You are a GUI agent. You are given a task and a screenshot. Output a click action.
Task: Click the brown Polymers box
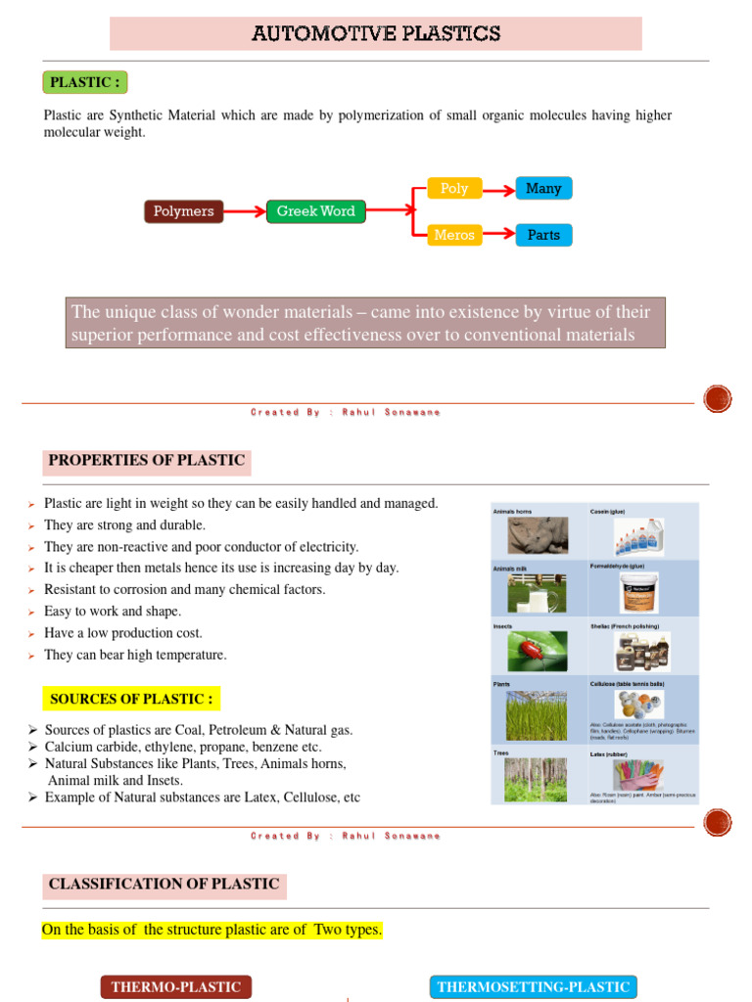tap(183, 211)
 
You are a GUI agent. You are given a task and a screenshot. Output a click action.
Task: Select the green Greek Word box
tap(315, 211)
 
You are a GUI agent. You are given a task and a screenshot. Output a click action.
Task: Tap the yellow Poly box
tap(454, 188)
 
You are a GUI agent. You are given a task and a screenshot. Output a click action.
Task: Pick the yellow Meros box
tap(454, 235)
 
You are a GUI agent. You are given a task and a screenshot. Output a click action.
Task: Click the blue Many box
tap(543, 188)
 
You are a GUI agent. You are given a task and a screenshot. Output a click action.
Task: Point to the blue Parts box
tap(543, 235)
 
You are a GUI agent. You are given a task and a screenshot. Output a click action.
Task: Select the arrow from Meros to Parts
tap(498, 235)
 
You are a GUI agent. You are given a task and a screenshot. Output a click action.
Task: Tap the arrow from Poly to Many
tap(498, 188)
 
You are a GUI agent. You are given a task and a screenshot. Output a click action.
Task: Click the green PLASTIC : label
tap(86, 82)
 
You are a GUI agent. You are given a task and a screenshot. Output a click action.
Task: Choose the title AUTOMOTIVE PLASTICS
tap(376, 34)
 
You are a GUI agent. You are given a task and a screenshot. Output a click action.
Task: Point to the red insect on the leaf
tap(536, 649)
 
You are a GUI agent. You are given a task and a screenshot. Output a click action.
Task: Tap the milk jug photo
tap(536, 593)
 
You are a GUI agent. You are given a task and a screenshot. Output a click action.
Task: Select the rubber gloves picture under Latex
tap(637, 774)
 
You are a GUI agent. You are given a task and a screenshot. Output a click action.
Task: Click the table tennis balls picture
tap(637, 705)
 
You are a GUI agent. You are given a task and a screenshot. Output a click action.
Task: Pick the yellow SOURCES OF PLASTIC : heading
tap(131, 699)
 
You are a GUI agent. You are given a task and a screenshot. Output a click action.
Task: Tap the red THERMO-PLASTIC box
tap(176, 986)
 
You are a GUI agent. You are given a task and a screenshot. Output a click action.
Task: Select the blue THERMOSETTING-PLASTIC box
tap(533, 986)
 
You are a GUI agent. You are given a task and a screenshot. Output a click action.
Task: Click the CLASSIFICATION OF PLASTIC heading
tap(164, 885)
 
